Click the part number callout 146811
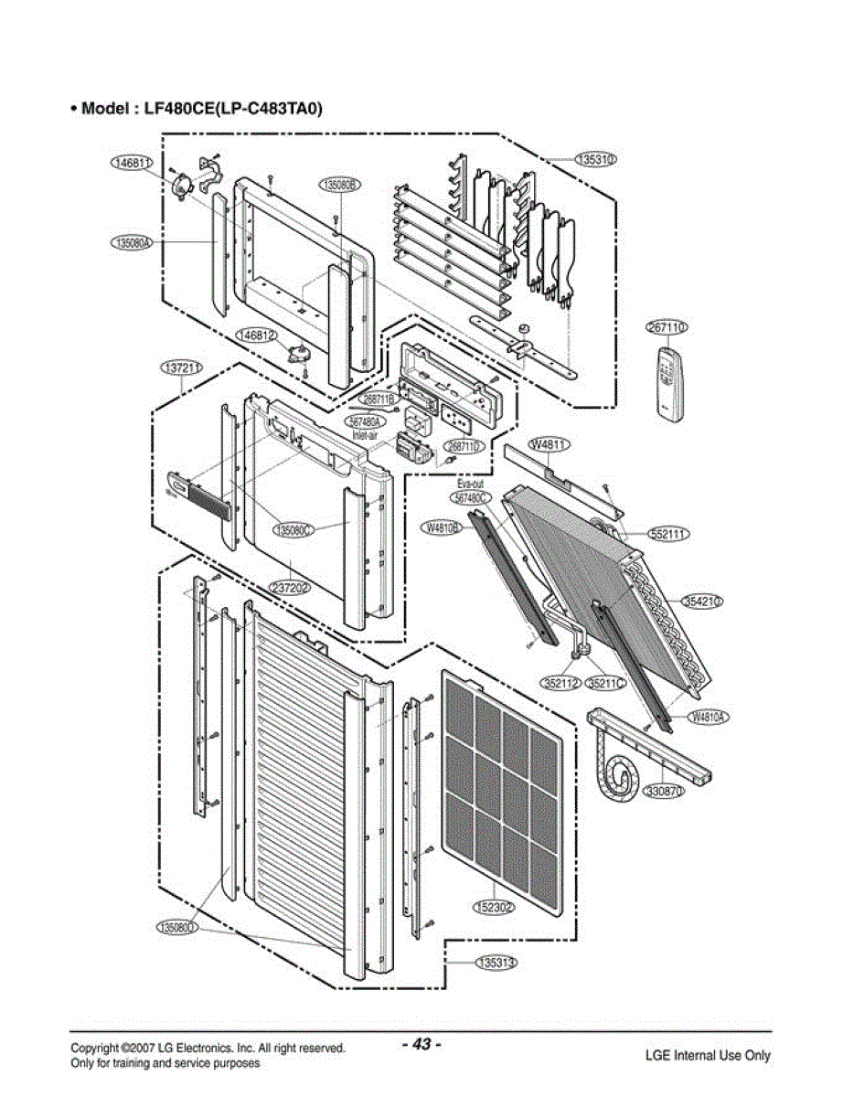131,163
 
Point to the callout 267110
667,327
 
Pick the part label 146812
257,335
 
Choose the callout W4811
551,445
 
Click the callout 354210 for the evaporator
703,601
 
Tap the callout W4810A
710,717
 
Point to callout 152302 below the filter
494,907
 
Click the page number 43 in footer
421,1044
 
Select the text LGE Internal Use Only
708,1055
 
